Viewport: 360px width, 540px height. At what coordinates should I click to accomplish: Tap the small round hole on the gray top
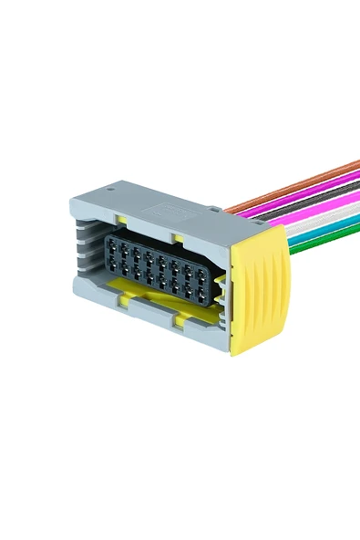[110, 191]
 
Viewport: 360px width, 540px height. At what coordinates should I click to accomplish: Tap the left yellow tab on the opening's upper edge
[121, 220]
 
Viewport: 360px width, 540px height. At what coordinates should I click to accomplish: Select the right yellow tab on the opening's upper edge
[179, 239]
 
